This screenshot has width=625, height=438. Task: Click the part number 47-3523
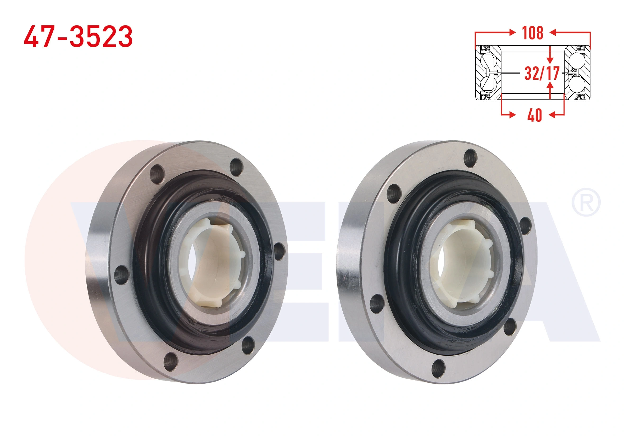point(78,37)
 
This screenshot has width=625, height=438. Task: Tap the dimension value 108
point(533,33)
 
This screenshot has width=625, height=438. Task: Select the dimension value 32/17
point(542,73)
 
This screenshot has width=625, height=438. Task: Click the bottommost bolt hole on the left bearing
point(171,362)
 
